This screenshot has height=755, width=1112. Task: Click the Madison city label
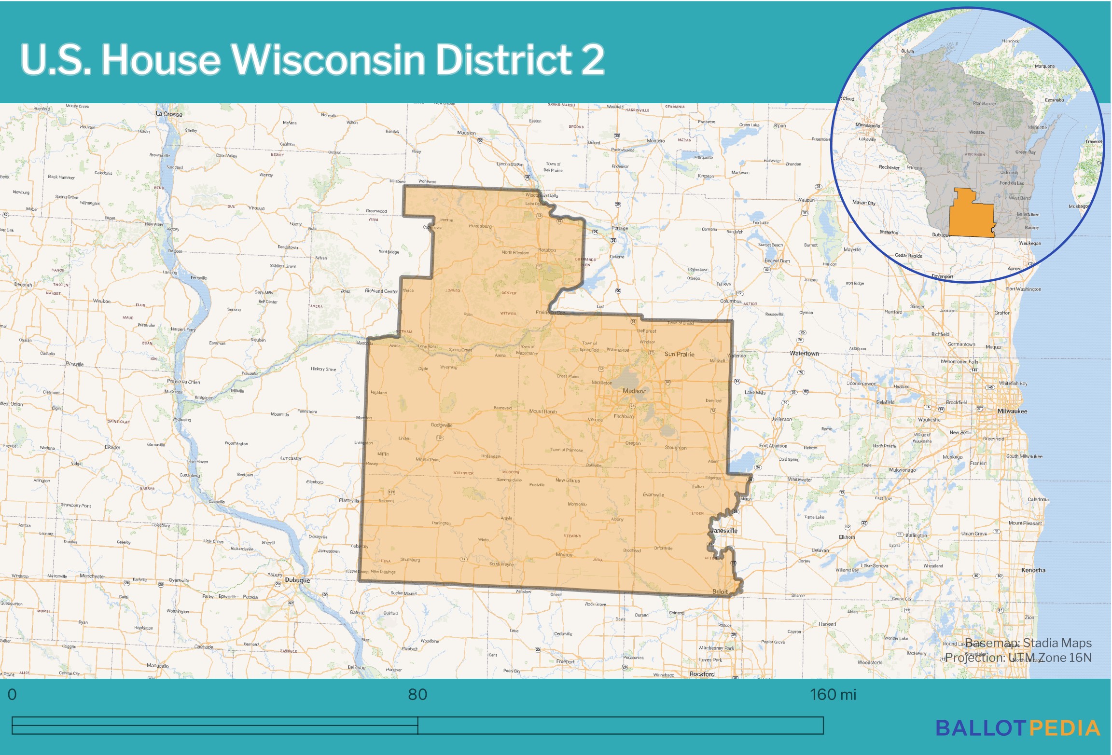(634, 391)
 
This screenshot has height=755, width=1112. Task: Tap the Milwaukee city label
(1012, 411)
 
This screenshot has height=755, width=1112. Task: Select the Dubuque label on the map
(297, 580)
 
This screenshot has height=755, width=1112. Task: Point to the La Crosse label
(169, 114)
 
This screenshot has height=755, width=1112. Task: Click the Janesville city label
(724, 531)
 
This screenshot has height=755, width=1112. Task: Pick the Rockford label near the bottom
(702, 674)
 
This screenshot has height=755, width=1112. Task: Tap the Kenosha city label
(1033, 570)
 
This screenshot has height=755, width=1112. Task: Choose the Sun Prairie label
(679, 354)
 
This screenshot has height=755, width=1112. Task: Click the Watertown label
(804, 353)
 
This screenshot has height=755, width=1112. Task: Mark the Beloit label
(720, 591)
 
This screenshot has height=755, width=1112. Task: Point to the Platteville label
(349, 500)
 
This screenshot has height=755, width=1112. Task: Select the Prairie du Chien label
(183, 382)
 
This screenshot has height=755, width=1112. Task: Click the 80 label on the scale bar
(417, 695)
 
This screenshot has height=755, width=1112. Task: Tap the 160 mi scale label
(833, 695)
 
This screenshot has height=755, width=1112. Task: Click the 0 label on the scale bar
(12, 695)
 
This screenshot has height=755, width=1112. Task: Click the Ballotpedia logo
(1017, 728)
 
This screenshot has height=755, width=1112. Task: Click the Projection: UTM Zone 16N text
(1018, 658)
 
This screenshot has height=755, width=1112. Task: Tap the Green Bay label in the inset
(1025, 152)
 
